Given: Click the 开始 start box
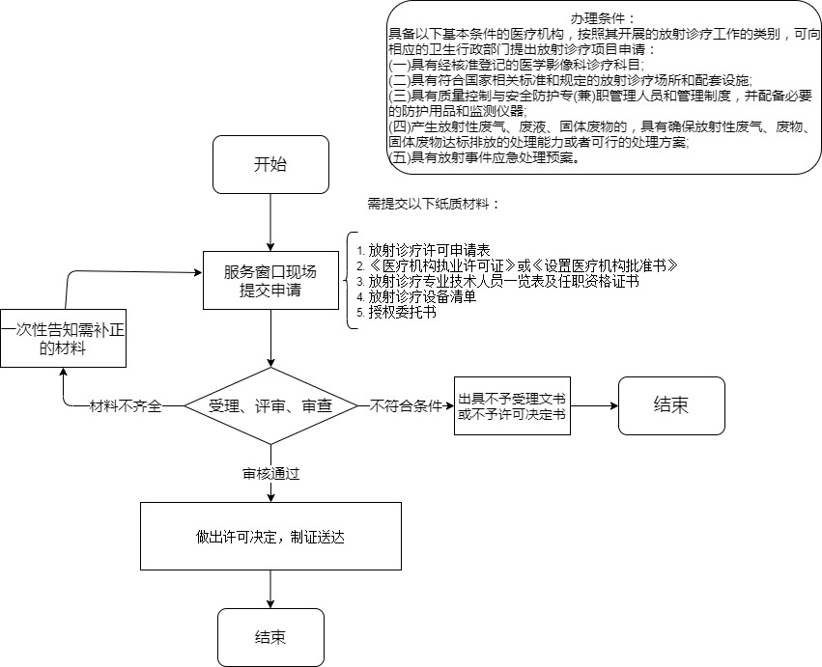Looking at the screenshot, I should click(x=270, y=164).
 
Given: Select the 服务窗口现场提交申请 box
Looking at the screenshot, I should click(x=270, y=280).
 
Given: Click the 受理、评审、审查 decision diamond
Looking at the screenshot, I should click(x=270, y=406).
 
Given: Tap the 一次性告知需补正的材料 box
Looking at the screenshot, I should click(x=64, y=339).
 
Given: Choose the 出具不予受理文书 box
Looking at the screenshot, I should click(x=512, y=406).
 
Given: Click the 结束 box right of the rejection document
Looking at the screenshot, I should click(x=671, y=405).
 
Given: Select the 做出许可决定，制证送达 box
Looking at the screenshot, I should click(x=270, y=537).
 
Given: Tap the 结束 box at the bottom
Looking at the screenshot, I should click(x=270, y=637).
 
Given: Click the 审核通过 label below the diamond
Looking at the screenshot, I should click(x=271, y=474).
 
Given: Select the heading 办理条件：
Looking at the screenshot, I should click(x=603, y=18).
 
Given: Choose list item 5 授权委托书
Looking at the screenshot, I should click(x=395, y=312).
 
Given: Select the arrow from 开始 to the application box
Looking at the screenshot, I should click(x=270, y=222).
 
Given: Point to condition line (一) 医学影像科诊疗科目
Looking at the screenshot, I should click(x=512, y=65).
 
